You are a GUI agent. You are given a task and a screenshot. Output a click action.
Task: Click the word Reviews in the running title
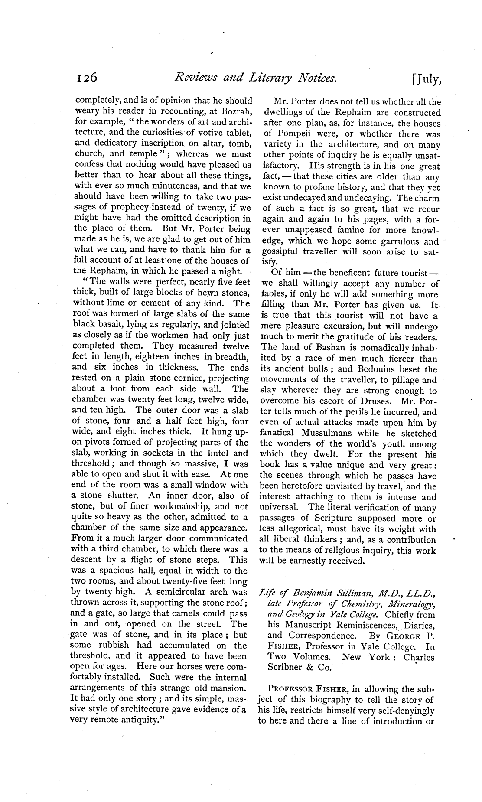195,78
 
